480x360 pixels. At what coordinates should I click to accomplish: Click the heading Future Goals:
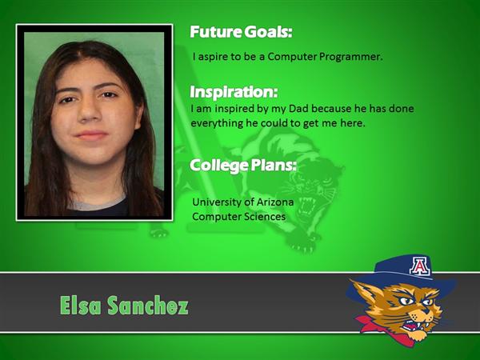pyautogui.click(x=241, y=32)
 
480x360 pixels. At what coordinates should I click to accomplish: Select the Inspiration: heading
pyautogui.click(x=234, y=92)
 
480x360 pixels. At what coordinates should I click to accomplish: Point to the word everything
pyautogui.click(x=217, y=124)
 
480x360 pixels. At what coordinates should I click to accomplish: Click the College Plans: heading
pyautogui.click(x=243, y=166)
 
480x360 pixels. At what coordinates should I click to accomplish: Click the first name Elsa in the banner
pyautogui.click(x=80, y=306)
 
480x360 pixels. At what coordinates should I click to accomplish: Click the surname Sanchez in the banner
pyautogui.click(x=148, y=306)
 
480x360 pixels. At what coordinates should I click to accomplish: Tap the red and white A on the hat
pyautogui.click(x=420, y=266)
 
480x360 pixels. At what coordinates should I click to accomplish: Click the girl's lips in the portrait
pyautogui.click(x=91, y=135)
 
